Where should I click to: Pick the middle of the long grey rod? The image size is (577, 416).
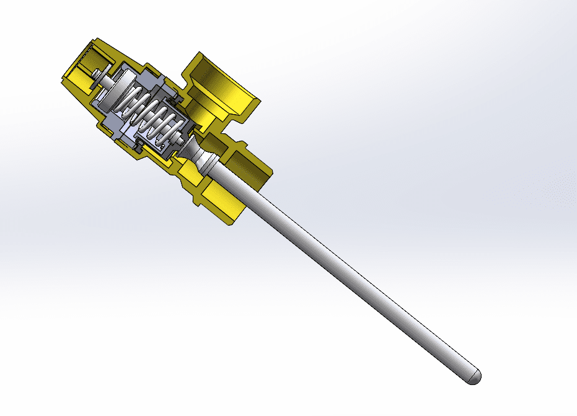pyautogui.click(x=347, y=273)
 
